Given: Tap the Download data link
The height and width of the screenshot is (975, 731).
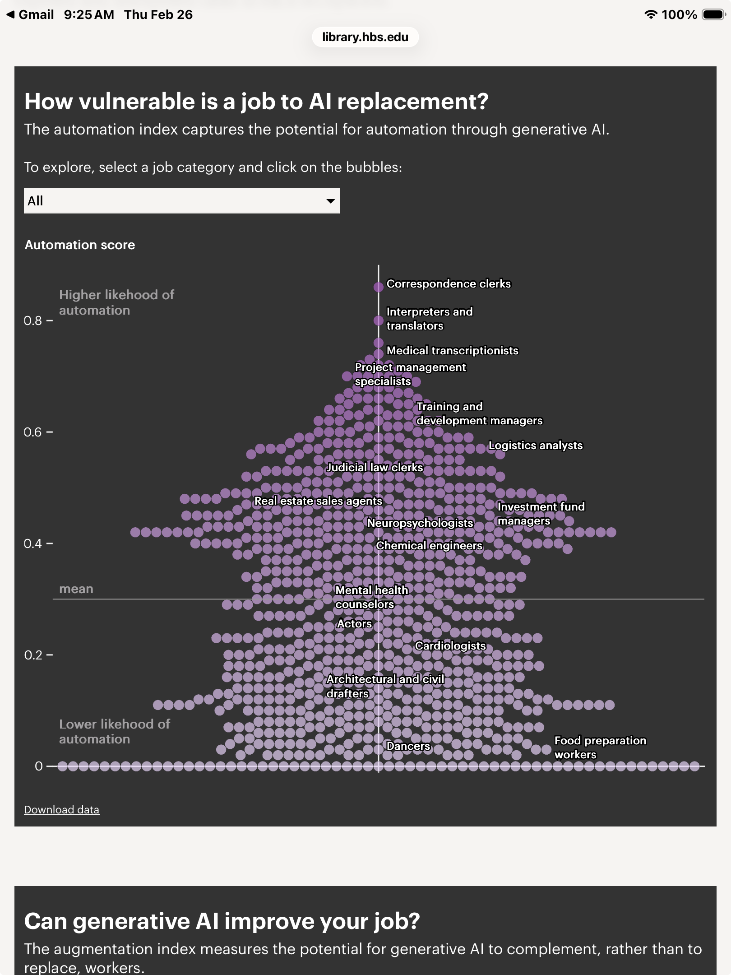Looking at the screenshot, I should [61, 810].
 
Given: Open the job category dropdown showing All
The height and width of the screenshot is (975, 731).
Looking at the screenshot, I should [181, 201].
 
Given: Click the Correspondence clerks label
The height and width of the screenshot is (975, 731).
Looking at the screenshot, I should [449, 284].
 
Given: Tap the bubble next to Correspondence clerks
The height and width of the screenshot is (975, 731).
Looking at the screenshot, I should [378, 287].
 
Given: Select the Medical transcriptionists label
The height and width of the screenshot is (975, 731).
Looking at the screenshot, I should [452, 351].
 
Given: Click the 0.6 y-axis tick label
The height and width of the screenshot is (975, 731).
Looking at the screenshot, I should [32, 432].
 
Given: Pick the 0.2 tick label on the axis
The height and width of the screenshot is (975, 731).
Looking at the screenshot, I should [32, 655].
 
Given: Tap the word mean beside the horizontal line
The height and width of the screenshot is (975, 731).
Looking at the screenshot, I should [76, 589].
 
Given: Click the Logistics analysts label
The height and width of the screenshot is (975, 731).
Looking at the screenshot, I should [535, 446].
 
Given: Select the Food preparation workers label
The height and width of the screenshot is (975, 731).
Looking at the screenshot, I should [600, 747].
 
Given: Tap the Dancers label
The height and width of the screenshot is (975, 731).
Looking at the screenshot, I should [408, 746].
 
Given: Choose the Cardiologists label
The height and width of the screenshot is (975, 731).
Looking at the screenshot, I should [450, 646].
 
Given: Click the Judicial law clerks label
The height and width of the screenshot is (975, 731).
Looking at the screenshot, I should [375, 468].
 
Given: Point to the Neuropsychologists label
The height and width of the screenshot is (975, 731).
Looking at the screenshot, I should [420, 523].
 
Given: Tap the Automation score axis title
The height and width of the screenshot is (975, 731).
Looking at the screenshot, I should [80, 245].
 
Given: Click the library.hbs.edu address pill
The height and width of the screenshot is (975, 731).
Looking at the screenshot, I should [365, 37].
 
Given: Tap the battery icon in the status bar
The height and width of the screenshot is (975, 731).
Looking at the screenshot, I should [713, 15].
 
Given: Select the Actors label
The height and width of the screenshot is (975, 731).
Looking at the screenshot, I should [354, 624].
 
